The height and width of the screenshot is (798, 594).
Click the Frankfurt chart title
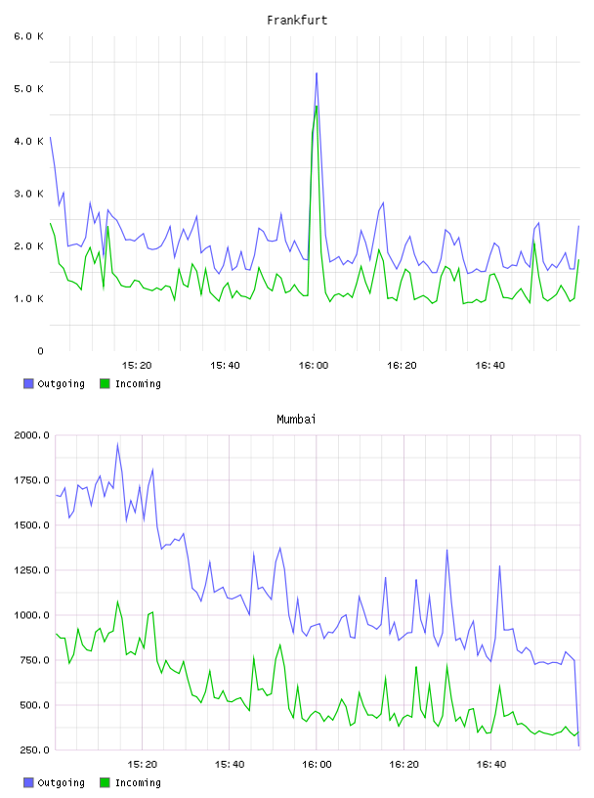[x=297, y=21]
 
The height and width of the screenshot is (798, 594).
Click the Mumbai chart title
[x=296, y=420]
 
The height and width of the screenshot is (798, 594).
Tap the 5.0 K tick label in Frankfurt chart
[x=29, y=89]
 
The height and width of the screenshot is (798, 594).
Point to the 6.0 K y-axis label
[x=29, y=36]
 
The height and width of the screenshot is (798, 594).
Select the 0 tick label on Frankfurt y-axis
[x=40, y=351]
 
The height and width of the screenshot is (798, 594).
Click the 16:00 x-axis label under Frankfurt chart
[x=314, y=365]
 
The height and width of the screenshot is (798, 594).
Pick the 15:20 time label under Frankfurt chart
[x=137, y=365]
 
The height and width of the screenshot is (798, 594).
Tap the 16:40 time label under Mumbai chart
[x=491, y=764]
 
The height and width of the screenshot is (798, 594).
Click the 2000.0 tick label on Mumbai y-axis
[x=32, y=435]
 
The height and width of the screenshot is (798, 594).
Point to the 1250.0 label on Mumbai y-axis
[x=32, y=570]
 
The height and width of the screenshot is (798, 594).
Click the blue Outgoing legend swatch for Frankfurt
[x=28, y=383]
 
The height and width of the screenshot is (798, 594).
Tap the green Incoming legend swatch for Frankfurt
[x=105, y=383]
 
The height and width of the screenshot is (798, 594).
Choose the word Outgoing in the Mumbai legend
[x=61, y=782]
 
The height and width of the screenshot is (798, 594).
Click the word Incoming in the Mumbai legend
[x=138, y=782]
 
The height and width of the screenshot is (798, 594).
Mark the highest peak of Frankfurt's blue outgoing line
[x=317, y=73]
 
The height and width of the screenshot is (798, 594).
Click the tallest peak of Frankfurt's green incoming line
[x=317, y=107]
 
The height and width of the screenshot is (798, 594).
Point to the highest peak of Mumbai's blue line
[x=117, y=444]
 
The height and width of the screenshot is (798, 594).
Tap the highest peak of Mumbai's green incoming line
[x=117, y=601]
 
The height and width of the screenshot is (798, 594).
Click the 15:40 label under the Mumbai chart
[x=230, y=764]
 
